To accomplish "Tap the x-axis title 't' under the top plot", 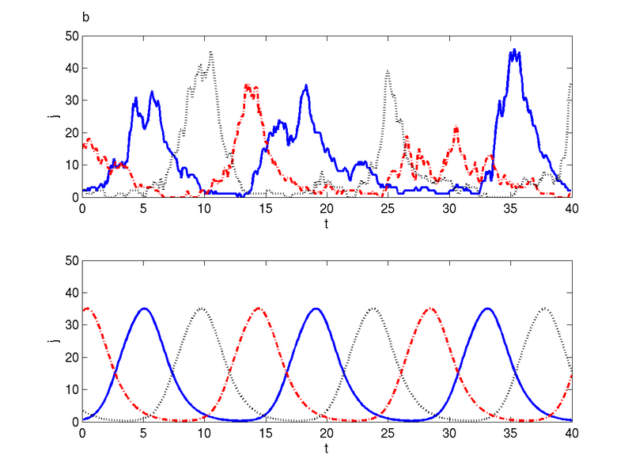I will tap(327, 225).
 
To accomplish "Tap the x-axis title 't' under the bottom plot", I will tap(327, 449).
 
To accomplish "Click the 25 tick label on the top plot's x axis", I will tap(388, 209).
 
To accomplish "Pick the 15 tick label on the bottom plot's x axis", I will tap(266, 434).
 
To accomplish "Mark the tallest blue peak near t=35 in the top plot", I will tap(514, 50).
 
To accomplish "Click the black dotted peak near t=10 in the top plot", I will tap(211, 52).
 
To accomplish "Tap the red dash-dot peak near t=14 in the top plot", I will tap(248, 85).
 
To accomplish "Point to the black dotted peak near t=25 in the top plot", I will tap(388, 71).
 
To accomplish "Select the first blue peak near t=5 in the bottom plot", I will tap(144, 308).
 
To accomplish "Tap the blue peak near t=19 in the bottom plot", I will tap(316, 308).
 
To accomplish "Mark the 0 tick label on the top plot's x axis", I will tap(82, 209).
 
